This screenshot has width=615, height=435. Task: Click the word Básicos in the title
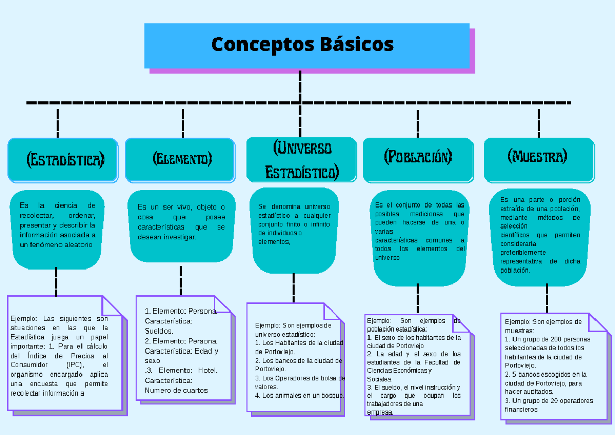pos(357,45)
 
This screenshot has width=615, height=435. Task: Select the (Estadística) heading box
pos(64,160)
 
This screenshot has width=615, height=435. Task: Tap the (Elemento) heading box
pos(180,159)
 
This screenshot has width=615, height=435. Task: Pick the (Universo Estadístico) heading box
pos(301,159)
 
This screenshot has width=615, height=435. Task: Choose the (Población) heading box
pos(418,157)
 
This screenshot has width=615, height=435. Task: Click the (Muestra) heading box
pos(539,156)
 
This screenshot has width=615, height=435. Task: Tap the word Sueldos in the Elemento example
pos(158,331)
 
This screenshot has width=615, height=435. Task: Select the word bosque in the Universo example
pos(333,396)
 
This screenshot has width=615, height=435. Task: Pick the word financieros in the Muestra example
pos(521,409)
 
